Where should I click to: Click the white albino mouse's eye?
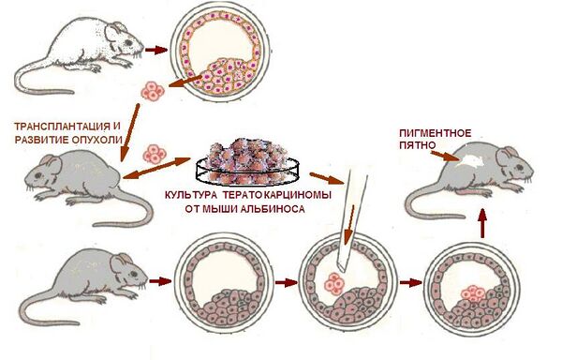click(128, 43)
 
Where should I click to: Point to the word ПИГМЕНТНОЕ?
click(435, 133)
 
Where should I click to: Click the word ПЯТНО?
click(417, 146)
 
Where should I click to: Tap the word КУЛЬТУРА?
click(191, 196)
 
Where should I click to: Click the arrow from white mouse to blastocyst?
click(156, 50)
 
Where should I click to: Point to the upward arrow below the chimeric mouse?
click(482, 223)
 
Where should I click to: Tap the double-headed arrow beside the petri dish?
click(156, 168)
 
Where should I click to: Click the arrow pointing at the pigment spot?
click(443, 156)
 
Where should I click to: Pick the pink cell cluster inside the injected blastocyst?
click(334, 284)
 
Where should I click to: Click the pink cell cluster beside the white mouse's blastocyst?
click(153, 91)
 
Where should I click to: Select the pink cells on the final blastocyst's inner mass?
click(473, 293)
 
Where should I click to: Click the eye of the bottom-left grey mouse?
click(133, 275)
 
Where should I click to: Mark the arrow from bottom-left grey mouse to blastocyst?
click(159, 281)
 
